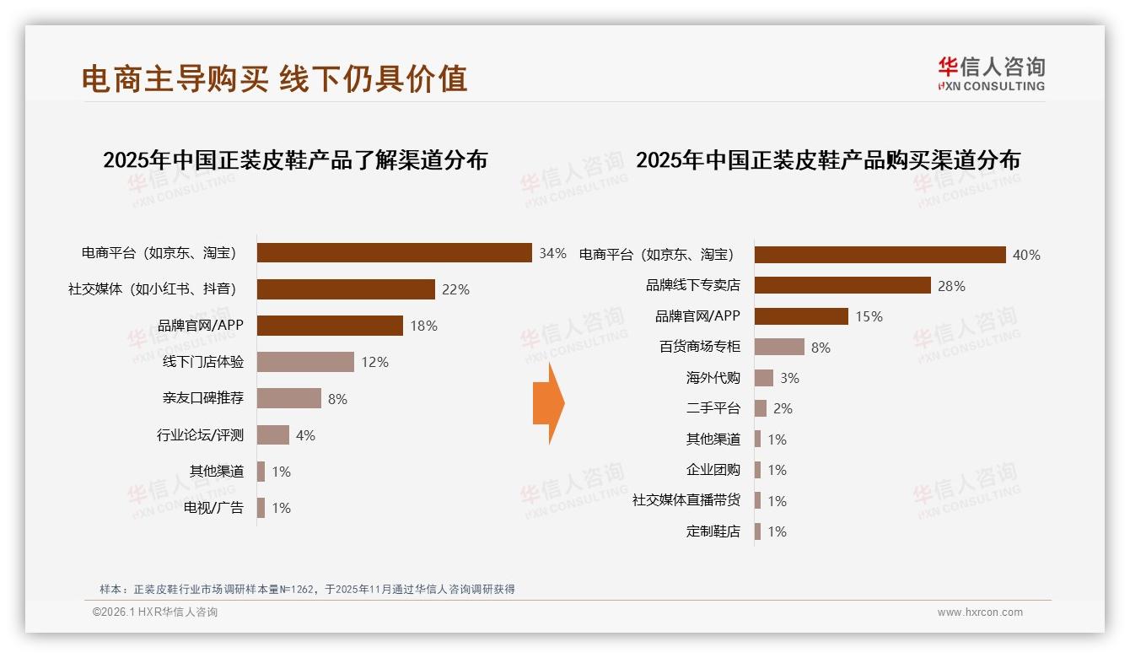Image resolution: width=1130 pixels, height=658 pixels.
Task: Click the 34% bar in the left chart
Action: point(394,253)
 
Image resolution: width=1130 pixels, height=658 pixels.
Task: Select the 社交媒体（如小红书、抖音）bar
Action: point(346,289)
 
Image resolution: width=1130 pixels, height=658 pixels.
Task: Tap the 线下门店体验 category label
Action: point(203,362)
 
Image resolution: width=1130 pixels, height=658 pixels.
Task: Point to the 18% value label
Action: point(423,326)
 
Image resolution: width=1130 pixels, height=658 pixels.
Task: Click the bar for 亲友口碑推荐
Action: point(288,398)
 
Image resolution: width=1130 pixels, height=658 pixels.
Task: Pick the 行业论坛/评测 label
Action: point(200,435)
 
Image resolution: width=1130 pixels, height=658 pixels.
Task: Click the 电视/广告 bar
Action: point(261,508)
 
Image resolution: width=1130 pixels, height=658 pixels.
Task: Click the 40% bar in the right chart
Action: point(880,255)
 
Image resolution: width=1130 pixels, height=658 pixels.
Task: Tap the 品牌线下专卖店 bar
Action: point(842,285)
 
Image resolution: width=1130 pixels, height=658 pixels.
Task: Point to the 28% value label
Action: point(951,286)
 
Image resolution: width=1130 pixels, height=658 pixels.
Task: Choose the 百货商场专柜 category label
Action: point(699,347)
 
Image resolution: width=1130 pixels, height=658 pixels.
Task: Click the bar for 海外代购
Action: point(763,378)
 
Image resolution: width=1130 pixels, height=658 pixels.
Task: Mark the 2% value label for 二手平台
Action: point(783,408)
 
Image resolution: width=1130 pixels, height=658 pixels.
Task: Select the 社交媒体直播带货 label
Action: point(686,500)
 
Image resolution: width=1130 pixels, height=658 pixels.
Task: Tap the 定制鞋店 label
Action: point(713,531)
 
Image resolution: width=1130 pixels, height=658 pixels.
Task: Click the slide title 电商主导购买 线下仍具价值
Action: point(274,78)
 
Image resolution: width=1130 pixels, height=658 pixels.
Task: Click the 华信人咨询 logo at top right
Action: point(991,73)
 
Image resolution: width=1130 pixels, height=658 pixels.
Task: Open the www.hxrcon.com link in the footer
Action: point(980,612)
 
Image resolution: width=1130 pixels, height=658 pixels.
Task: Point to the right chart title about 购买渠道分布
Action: point(827,160)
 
